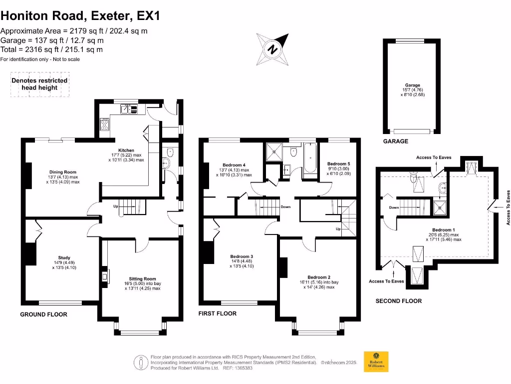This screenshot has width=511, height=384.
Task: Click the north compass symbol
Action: point(273,48)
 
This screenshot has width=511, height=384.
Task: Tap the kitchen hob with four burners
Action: point(104,123)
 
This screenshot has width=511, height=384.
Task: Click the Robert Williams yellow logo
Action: point(376,361)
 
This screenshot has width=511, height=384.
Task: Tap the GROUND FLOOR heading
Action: point(43,314)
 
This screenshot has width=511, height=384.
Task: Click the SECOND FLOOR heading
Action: point(398,301)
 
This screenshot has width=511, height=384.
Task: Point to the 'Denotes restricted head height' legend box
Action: point(40,84)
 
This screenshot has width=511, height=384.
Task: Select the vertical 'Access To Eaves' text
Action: point(508,207)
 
